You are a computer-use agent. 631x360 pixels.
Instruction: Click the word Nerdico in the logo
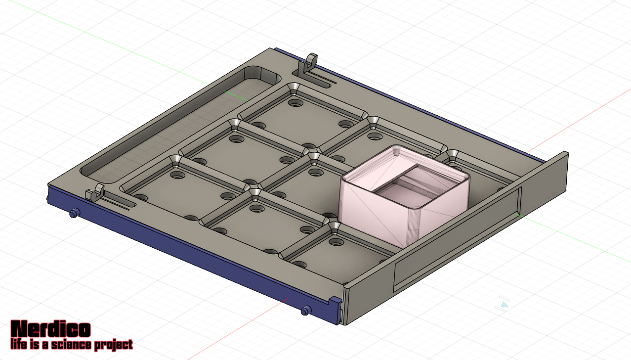point(51,329)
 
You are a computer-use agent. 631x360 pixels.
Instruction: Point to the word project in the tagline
point(114,345)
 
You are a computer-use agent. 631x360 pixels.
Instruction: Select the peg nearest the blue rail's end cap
point(306,311)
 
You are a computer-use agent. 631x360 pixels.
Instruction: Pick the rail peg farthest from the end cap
point(75,213)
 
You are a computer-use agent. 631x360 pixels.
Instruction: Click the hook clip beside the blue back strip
point(308,65)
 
